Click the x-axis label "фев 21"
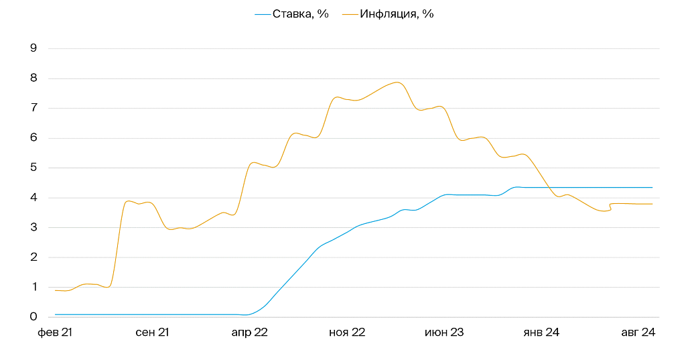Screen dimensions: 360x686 pos(54,332)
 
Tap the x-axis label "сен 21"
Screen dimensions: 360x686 pos(151,332)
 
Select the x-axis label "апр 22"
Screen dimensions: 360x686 pos(249,332)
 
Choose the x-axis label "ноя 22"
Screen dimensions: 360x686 pos(347,332)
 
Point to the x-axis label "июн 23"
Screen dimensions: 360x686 pos(444,332)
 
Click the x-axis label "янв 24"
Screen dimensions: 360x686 pos(541,332)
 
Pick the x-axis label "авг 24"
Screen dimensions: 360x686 pos(638,332)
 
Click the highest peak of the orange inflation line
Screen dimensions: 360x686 pos(397,82)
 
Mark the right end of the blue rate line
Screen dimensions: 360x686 pos(653,188)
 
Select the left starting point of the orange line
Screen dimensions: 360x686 pos(55,290)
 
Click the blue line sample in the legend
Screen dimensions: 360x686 pos(263,13)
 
